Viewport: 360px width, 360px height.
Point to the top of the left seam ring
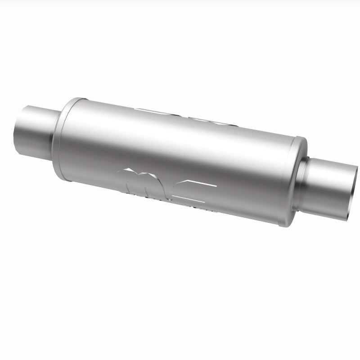point(76,99)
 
